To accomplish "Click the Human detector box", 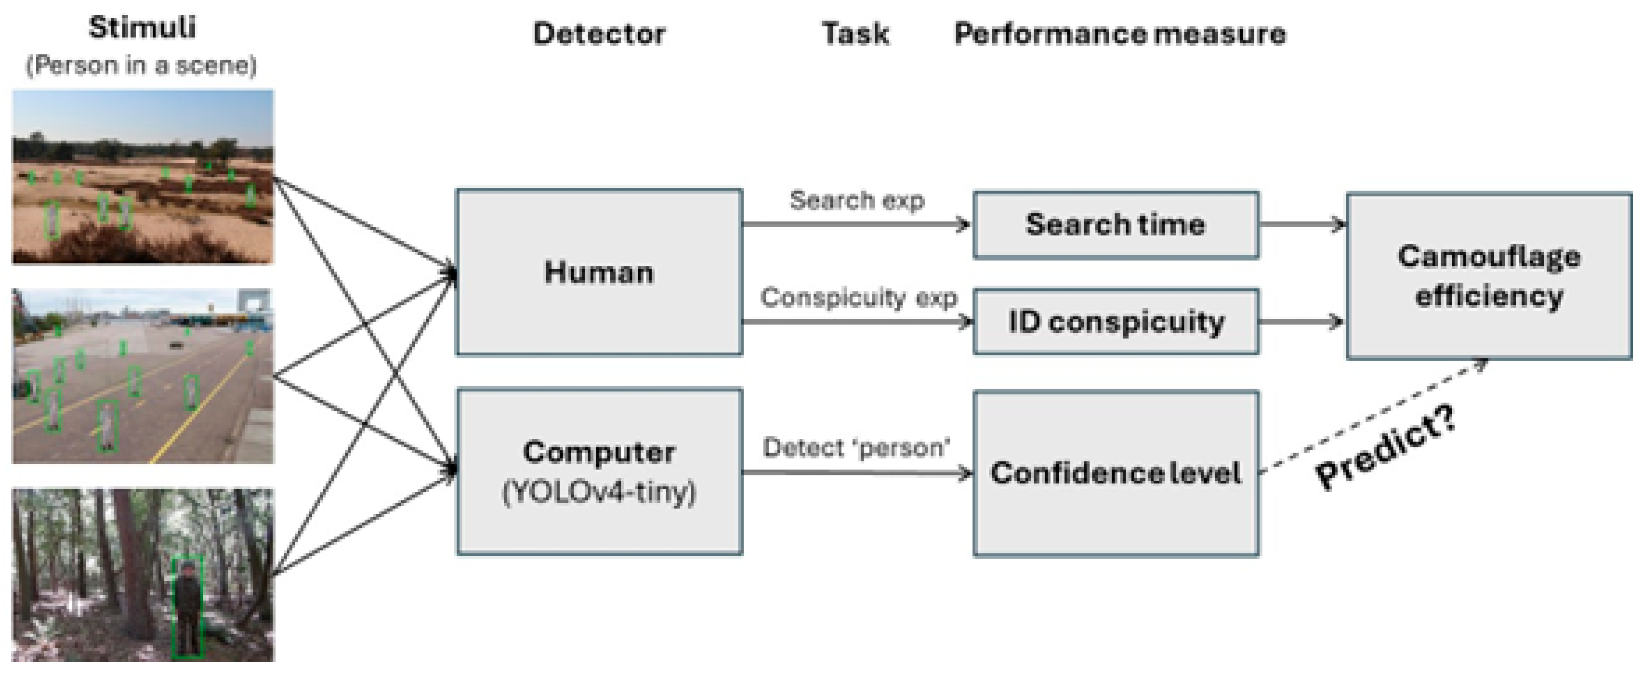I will point(598,272).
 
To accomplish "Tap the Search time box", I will point(1115,225).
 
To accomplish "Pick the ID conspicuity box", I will point(1115,322).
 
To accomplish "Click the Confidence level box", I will point(1115,474).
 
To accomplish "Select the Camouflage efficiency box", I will point(1488,276).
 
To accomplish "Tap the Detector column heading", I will point(598,33).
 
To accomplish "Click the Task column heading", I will point(855,33).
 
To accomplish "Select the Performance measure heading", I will point(1119,33).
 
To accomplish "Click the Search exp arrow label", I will point(856,200).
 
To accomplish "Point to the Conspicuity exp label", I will point(857,298).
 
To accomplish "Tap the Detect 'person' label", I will point(856,448).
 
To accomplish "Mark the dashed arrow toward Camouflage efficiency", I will point(1371,416).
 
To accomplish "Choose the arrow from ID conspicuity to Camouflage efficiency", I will point(1301,322).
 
